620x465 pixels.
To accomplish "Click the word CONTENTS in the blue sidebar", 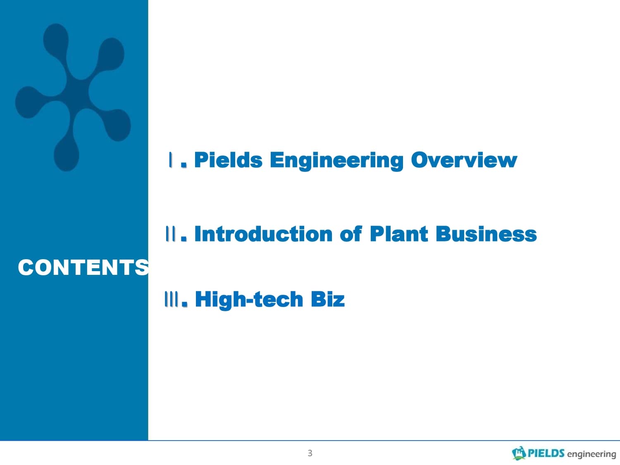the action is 83,267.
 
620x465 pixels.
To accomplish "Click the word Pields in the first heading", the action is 228,160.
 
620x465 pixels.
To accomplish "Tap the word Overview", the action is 464,160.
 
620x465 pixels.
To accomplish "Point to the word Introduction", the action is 263,234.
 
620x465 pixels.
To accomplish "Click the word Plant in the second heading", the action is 399,234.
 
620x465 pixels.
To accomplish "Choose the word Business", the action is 486,234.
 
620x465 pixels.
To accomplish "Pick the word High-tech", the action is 249,300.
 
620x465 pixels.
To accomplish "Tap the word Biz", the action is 328,299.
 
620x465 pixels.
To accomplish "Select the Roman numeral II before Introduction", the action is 171,234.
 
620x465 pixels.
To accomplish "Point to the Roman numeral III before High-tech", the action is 172,299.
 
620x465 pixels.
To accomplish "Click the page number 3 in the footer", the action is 310,453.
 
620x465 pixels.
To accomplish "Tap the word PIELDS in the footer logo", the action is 546,453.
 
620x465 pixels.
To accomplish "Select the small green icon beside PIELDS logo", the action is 519,453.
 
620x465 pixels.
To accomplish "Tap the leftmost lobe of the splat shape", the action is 28,102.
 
